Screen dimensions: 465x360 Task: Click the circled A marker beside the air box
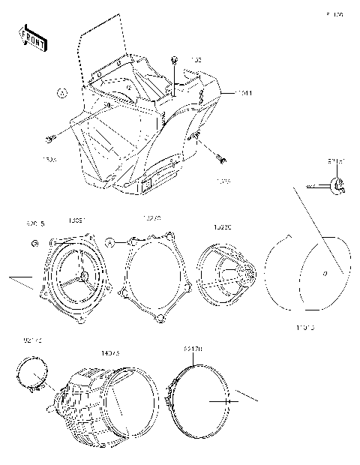(62, 93)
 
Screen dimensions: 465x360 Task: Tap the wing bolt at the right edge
(337, 184)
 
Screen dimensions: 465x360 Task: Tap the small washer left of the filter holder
(34, 244)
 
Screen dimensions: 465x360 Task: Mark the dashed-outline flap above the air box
(101, 45)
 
